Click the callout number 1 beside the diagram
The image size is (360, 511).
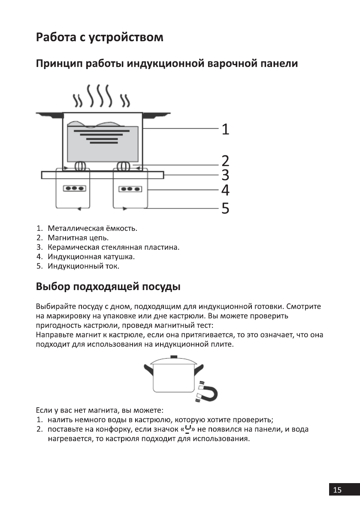pos(225,129)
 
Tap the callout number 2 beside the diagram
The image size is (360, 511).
pos(225,161)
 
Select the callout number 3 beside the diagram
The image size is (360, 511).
pos(225,175)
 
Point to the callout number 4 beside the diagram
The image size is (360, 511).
pos(225,190)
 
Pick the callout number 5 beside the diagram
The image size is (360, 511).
pos(225,209)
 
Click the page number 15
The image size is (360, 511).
pos(337,490)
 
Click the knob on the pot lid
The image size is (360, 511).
pos(173,357)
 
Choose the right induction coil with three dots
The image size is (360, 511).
pos(130,189)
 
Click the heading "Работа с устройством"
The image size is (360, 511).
pos(100,37)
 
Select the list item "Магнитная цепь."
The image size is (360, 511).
pos(78,237)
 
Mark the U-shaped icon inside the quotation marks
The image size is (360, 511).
pos(188,429)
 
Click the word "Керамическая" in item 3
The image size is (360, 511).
pos(70,247)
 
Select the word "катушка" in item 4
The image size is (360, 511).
pos(119,257)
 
